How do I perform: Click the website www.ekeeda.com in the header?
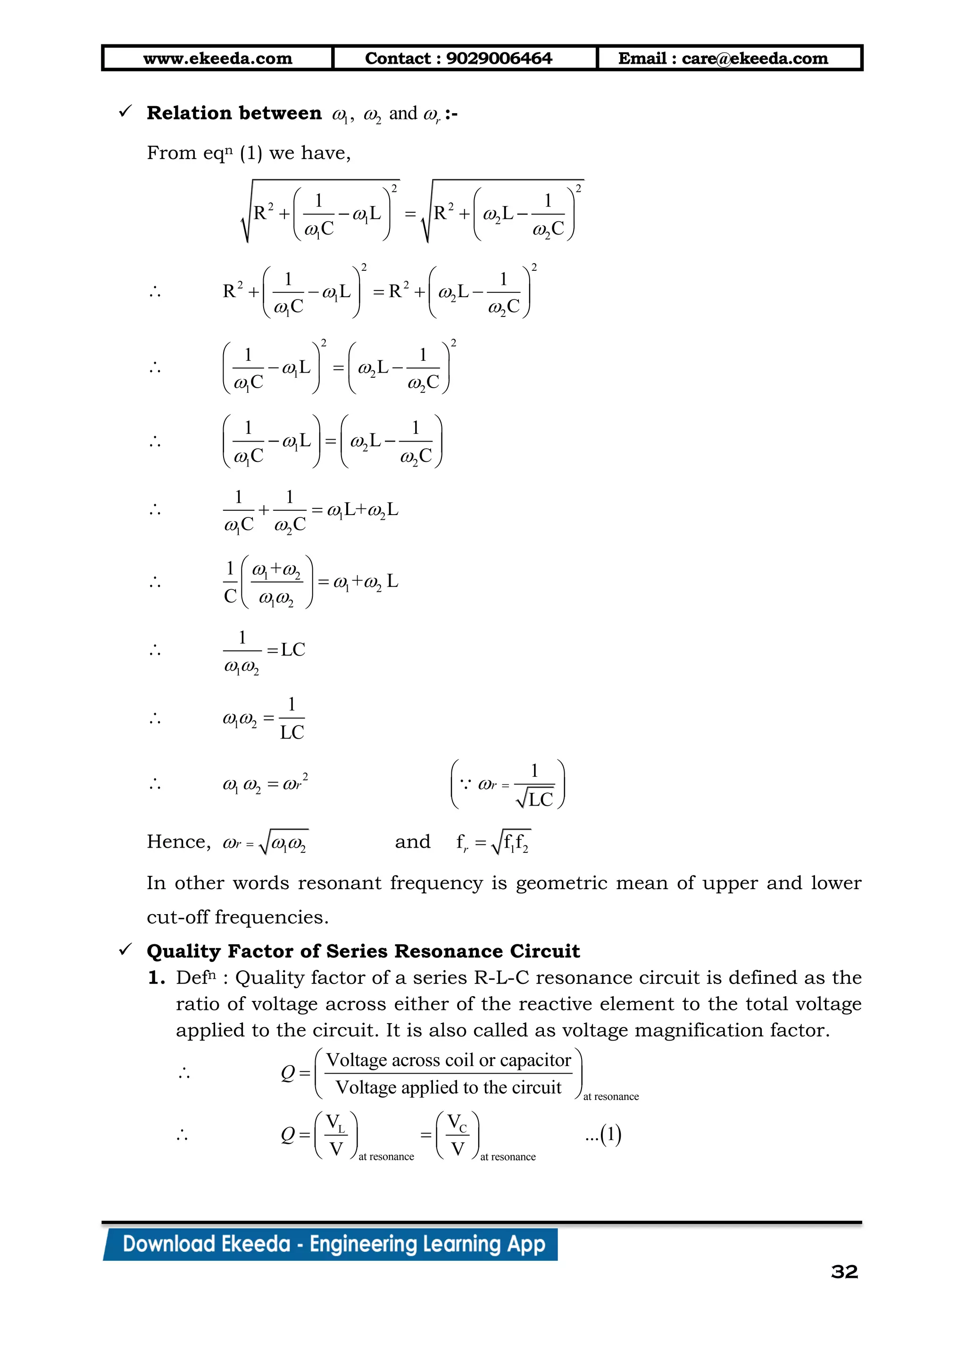pyautogui.click(x=218, y=58)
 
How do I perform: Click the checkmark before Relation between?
pyautogui.click(x=125, y=111)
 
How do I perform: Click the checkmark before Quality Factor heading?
pyautogui.click(x=125, y=950)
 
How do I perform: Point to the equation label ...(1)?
pyautogui.click(x=603, y=1134)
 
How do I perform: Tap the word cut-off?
pyautogui.click(x=178, y=917)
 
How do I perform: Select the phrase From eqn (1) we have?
pyautogui.click(x=249, y=153)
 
